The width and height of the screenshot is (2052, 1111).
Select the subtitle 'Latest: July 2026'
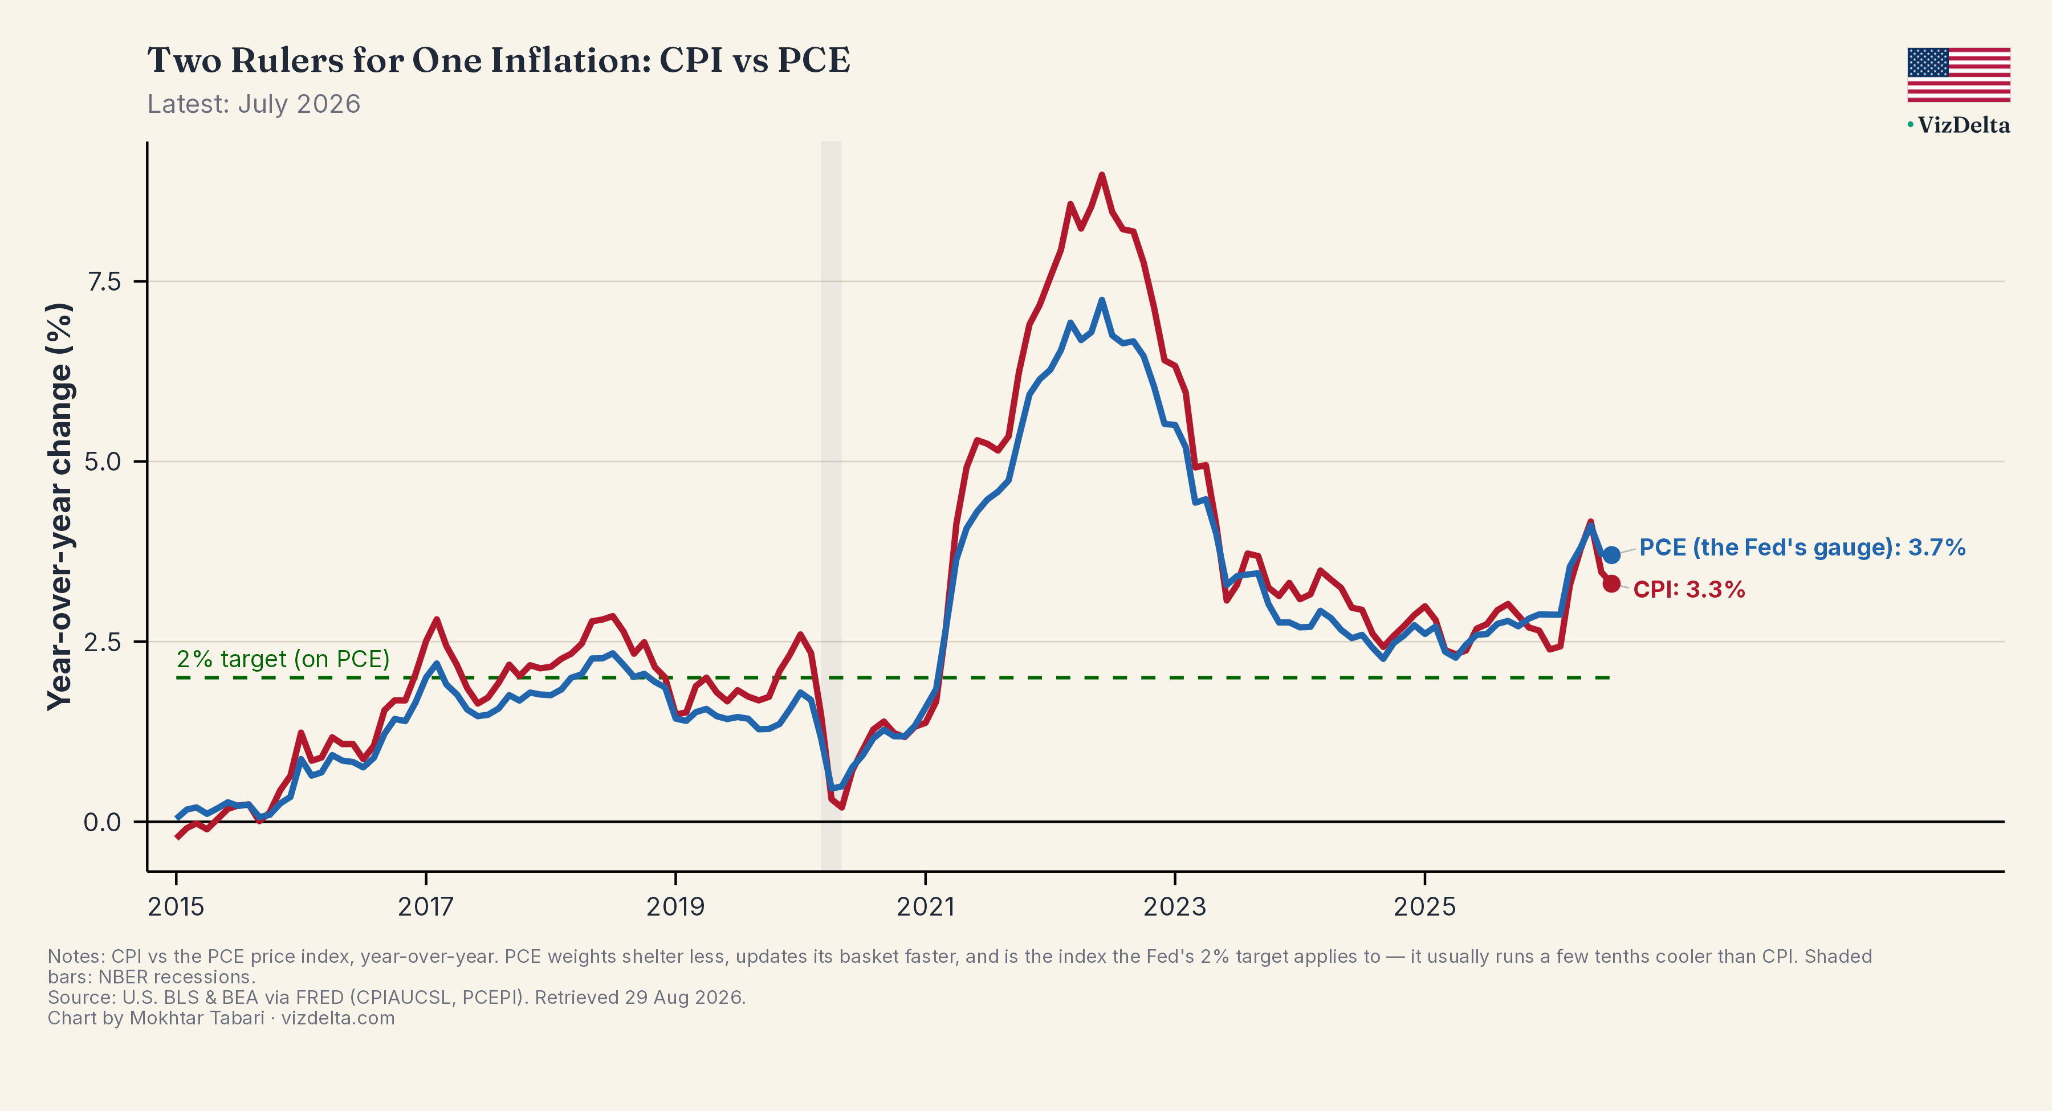click(x=253, y=104)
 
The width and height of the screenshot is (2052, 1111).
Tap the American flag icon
click(x=1958, y=75)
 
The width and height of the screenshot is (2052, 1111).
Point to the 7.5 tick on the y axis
click(x=104, y=281)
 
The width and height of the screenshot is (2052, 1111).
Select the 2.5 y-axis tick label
click(x=104, y=641)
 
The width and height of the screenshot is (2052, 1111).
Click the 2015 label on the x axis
click(x=176, y=906)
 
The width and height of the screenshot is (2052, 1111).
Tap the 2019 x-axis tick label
click(x=675, y=906)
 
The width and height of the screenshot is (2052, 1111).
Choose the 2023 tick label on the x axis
click(x=1175, y=906)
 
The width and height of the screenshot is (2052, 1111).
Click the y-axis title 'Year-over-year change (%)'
click(x=60, y=507)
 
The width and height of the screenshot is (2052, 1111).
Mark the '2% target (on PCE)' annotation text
click(x=283, y=659)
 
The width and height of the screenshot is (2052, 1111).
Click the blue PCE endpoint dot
click(x=1611, y=555)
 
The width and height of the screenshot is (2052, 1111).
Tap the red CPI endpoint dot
click(x=1611, y=584)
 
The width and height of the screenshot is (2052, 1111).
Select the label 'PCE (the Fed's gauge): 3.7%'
click(x=1802, y=548)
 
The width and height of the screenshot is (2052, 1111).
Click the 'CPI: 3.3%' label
click(x=1689, y=589)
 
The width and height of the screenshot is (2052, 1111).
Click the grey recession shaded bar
click(x=831, y=506)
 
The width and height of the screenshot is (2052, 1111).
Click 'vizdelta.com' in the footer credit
click(x=338, y=1019)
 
